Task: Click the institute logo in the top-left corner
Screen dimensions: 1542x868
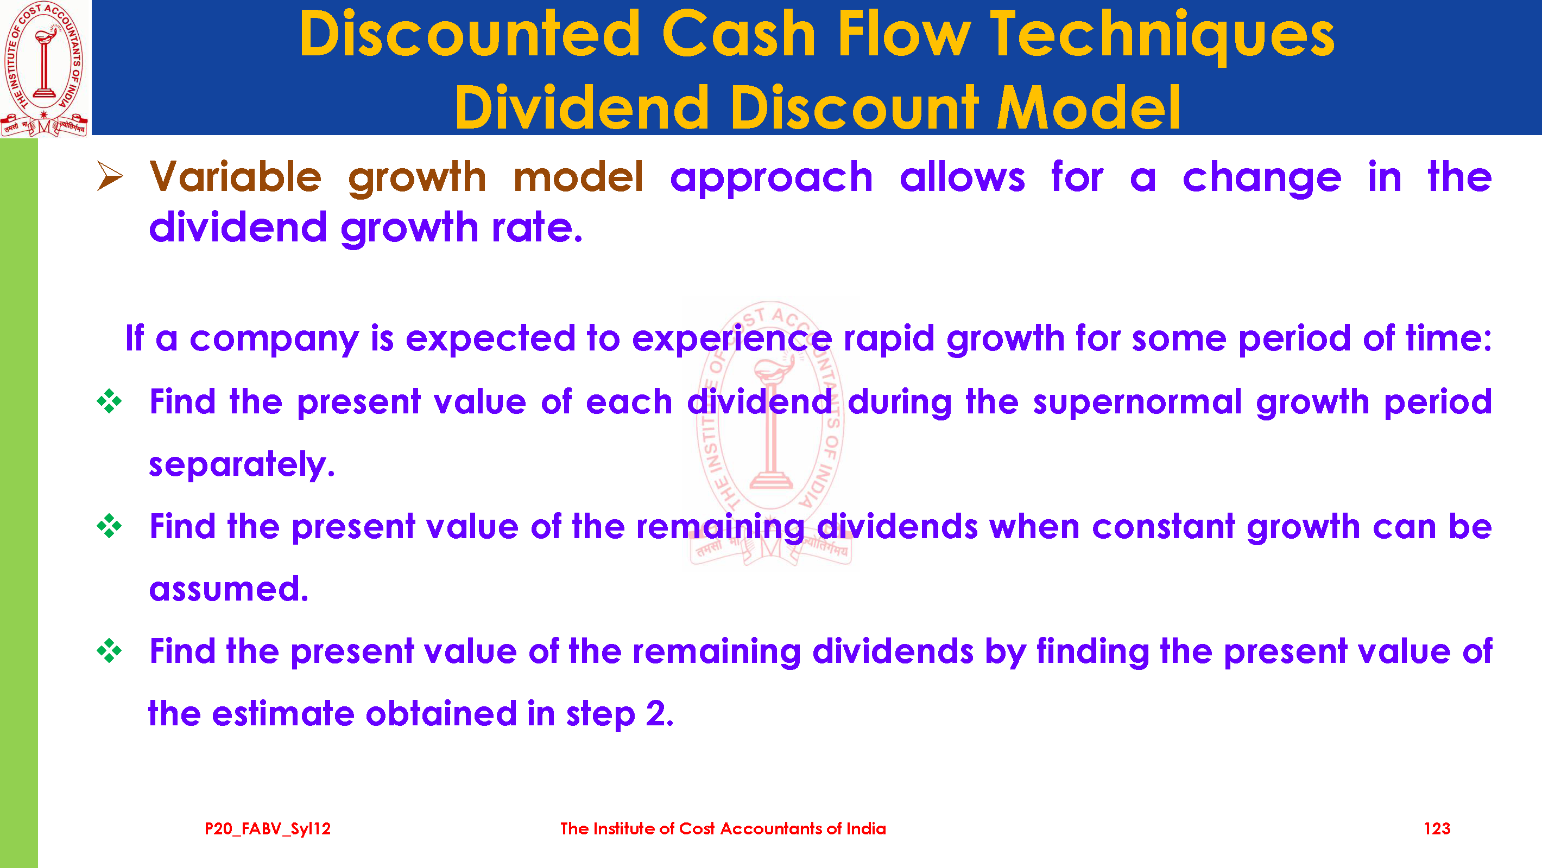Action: (x=45, y=68)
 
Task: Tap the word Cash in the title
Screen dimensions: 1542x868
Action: (x=738, y=34)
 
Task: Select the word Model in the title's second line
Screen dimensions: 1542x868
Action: (x=1088, y=107)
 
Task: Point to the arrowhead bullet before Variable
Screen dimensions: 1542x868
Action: (x=110, y=176)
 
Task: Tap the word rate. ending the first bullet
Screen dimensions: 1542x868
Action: (x=537, y=228)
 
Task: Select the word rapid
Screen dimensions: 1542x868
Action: (x=889, y=339)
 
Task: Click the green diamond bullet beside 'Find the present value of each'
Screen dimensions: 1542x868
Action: (x=110, y=401)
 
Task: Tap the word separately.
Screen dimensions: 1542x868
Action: (x=242, y=465)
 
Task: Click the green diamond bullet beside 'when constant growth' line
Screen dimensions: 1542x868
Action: (x=110, y=526)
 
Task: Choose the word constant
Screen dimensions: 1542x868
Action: (x=1163, y=526)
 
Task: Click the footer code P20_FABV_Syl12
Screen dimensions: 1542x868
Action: (x=268, y=829)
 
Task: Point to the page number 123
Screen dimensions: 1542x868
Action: (x=1437, y=828)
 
